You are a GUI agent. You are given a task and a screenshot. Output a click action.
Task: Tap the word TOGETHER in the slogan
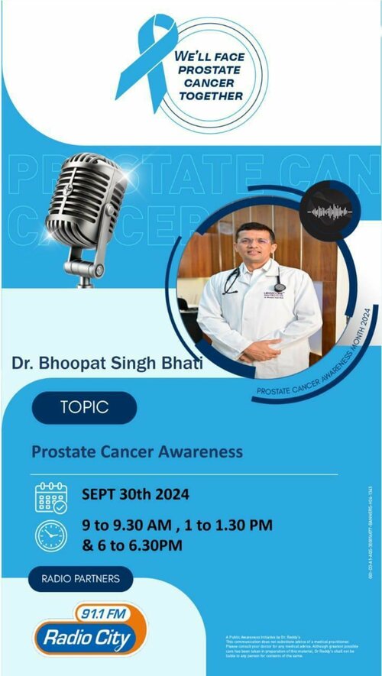coord(209,96)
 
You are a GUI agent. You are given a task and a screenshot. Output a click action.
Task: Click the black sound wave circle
coord(328,211)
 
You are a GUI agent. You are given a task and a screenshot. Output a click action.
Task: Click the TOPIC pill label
coord(84,408)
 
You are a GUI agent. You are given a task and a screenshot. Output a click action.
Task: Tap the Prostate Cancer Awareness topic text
coord(137,451)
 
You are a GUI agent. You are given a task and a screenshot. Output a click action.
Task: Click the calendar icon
coord(51,496)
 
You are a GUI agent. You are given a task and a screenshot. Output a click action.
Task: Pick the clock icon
coord(51,535)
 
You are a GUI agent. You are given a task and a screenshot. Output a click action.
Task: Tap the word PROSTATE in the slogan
coord(209,70)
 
